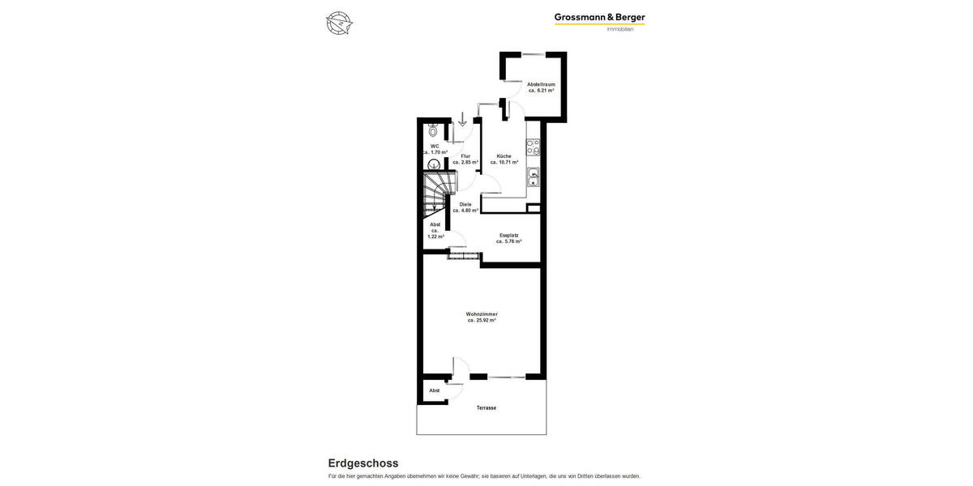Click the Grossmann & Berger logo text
click(x=599, y=17)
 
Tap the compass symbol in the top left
click(x=339, y=23)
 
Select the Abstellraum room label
click(x=541, y=84)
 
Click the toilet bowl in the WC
click(x=434, y=130)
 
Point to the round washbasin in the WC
click(x=434, y=164)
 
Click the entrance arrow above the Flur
click(x=463, y=120)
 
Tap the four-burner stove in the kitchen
click(x=534, y=147)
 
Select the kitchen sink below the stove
click(x=534, y=177)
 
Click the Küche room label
click(x=504, y=156)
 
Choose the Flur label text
click(x=465, y=156)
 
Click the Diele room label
click(x=465, y=204)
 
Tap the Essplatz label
click(x=508, y=235)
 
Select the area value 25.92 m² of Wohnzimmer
click(x=482, y=321)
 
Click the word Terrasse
click(x=486, y=407)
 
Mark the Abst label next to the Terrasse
click(x=435, y=390)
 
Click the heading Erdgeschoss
click(x=363, y=463)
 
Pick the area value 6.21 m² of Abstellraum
click(x=541, y=91)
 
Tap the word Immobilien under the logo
click(x=620, y=30)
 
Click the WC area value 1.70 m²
click(x=435, y=152)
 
